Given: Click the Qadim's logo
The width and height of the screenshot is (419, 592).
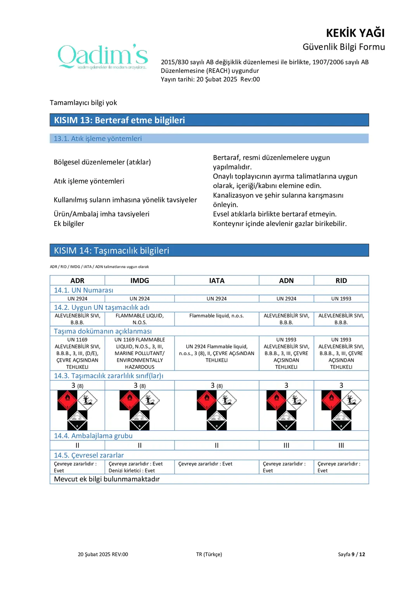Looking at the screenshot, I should point(103,57).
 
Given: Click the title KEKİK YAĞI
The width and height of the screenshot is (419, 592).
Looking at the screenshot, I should point(355,33).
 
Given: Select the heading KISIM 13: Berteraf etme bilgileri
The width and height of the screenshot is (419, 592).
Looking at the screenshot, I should point(119,120).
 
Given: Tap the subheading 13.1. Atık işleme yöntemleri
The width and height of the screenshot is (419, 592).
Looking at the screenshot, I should point(98,138).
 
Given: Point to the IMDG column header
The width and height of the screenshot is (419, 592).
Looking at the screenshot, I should point(140,280).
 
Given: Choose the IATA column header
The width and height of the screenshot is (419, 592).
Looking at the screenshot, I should point(216,280).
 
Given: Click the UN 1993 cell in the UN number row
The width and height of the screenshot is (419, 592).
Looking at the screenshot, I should point(341,299).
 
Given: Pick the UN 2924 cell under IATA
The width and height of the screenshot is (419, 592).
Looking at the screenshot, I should point(216,299).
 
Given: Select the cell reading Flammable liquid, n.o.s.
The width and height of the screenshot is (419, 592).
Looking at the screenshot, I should point(216,316).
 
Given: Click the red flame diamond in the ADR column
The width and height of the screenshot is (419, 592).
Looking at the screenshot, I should point(68,400).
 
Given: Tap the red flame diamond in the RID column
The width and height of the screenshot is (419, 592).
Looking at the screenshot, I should point(331,400).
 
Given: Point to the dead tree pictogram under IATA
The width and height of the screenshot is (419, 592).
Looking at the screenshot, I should point(227,400).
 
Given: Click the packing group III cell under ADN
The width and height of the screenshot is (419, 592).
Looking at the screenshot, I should point(286,445).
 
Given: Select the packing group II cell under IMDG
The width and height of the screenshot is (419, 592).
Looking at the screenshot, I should point(140,445).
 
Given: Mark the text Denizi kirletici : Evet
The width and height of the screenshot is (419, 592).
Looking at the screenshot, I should point(132,471).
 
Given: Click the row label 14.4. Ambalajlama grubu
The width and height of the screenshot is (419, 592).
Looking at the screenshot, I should point(93,436).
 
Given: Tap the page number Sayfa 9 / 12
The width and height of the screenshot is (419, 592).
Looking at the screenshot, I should point(351,554).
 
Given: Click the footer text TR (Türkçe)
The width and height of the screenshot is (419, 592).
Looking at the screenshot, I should point(209,554).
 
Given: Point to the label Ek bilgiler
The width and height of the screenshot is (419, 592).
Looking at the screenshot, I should point(69,224).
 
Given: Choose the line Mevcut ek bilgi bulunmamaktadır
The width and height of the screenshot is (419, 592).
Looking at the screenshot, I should point(107,479).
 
